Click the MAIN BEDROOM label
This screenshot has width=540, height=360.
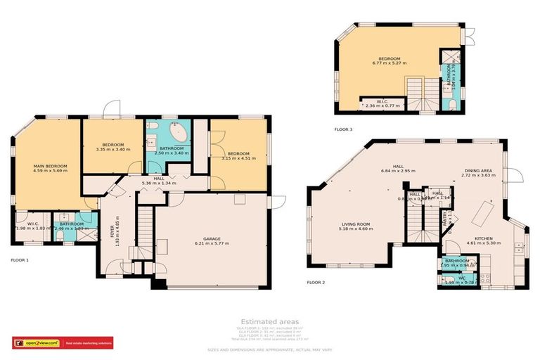49,166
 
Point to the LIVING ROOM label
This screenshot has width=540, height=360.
354,224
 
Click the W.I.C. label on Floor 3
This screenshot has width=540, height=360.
382,101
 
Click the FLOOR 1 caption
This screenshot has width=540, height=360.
19,259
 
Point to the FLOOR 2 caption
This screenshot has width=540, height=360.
316,283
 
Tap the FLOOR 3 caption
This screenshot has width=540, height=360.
343,129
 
